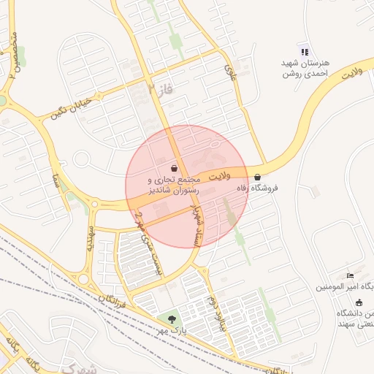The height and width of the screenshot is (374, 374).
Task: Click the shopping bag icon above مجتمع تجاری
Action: (x=173, y=167)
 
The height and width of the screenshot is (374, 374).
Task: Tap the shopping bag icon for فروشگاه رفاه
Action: (x=258, y=177)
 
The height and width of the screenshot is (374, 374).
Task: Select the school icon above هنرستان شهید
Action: (x=305, y=52)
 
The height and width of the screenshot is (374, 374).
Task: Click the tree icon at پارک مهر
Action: (x=172, y=319)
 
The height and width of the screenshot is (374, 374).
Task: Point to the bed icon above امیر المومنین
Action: (x=350, y=275)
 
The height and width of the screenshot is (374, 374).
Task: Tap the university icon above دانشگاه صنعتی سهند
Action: (x=359, y=302)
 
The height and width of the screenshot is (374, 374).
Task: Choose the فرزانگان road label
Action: (x=112, y=292)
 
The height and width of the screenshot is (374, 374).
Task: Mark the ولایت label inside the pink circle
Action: (x=218, y=177)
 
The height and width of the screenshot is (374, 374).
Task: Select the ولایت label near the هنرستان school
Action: (x=351, y=74)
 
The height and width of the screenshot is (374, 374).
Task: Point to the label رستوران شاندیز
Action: (x=169, y=190)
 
